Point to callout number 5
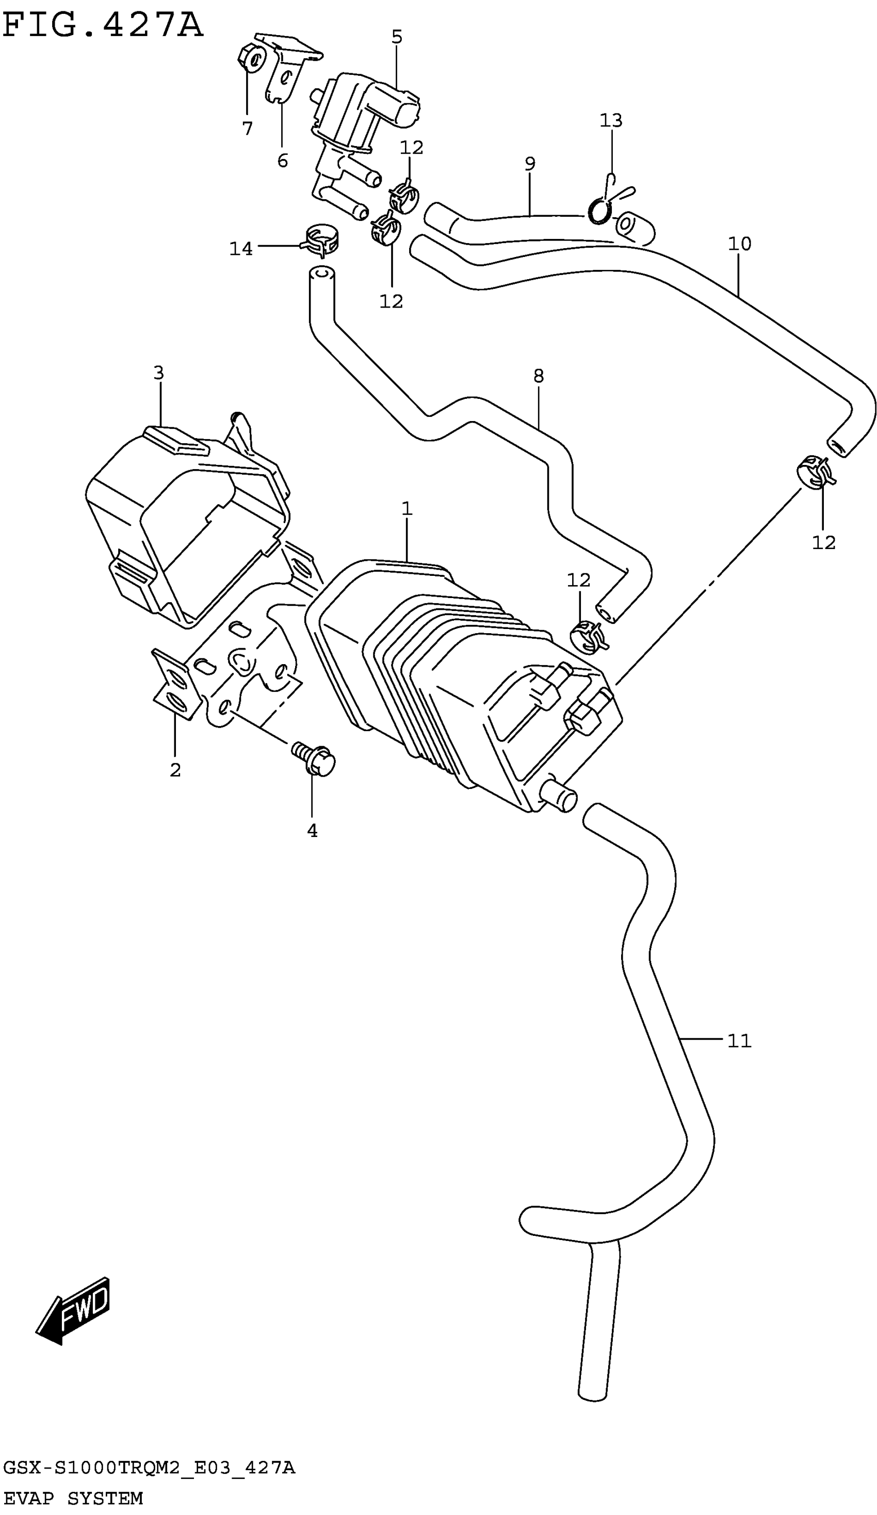point(397,37)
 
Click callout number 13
point(611,121)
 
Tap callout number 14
point(241,248)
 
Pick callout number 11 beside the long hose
point(739,1041)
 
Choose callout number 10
point(739,244)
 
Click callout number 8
point(538,376)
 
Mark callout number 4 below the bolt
point(312,830)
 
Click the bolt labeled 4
point(314,759)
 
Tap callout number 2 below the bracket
point(175,769)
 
